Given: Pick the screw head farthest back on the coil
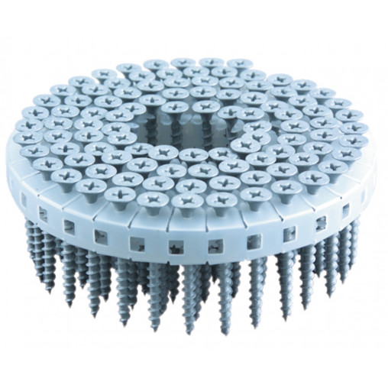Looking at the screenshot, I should [183, 63].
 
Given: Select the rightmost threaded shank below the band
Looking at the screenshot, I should [354, 229].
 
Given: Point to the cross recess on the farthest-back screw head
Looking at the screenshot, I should [183, 63].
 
